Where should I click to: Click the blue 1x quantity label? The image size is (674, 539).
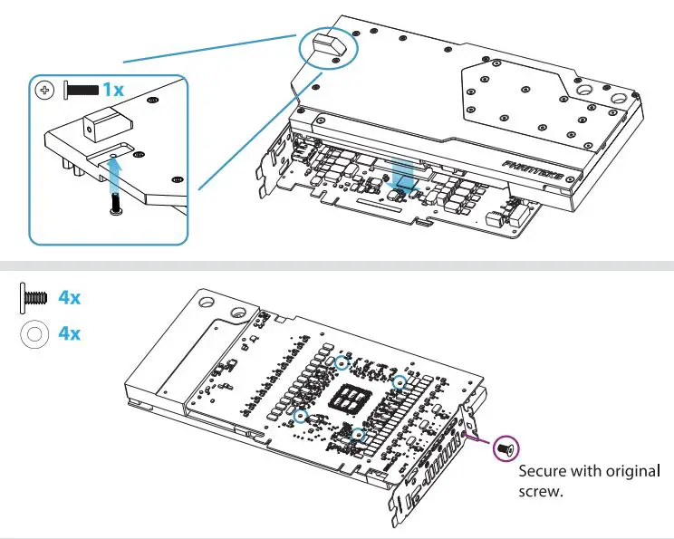coord(113,89)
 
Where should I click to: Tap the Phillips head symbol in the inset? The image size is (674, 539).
coord(43,90)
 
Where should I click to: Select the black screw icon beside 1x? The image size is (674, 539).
coord(81,90)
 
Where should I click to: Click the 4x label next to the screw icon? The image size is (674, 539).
coord(70,297)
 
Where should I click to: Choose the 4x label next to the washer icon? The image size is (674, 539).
coord(70,333)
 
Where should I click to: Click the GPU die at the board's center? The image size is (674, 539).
coord(350,396)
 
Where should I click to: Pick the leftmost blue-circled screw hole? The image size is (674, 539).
coord(301,416)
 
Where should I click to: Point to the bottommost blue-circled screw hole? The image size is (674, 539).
coord(359,435)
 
